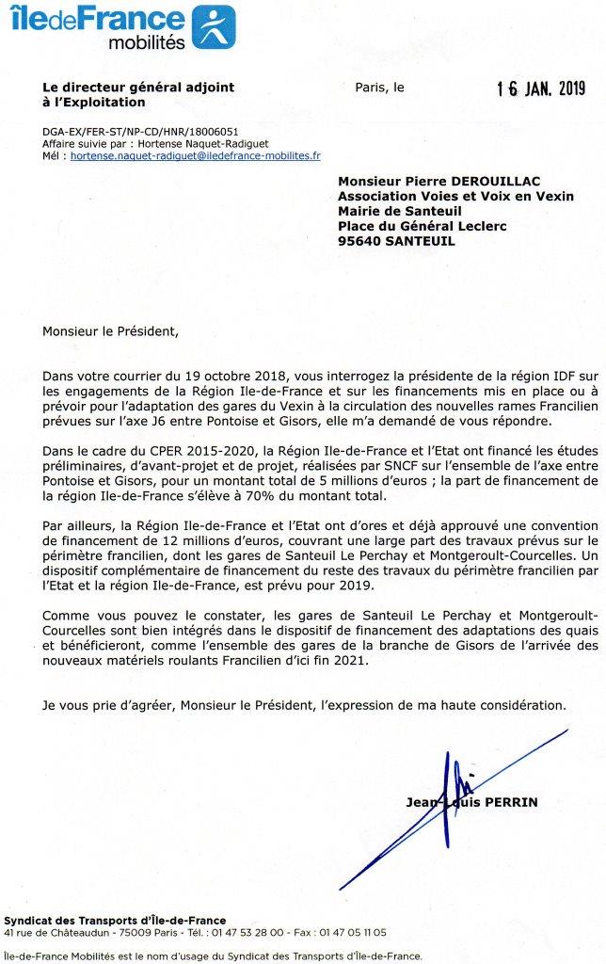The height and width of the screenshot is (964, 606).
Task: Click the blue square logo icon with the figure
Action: (x=214, y=26)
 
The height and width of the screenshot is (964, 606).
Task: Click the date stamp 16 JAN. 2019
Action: (x=540, y=89)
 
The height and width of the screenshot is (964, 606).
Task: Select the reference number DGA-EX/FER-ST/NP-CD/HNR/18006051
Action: (x=127, y=132)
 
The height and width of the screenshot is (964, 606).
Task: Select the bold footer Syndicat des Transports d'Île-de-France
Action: (x=115, y=920)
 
